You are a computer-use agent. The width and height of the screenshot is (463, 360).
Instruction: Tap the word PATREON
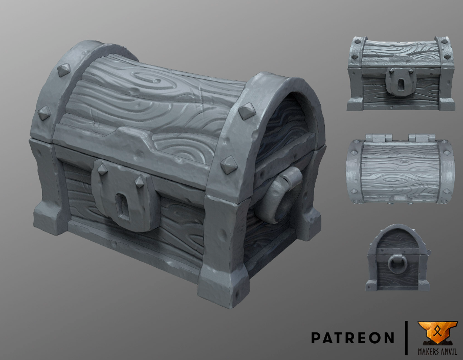click(352, 338)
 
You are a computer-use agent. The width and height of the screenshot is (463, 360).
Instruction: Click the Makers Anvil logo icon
click(437, 333)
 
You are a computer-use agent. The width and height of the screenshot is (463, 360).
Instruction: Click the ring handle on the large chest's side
click(280, 195)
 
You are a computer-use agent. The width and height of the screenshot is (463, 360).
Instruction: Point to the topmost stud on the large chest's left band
click(63, 69)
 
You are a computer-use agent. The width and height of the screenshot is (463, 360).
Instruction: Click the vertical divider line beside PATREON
click(406, 338)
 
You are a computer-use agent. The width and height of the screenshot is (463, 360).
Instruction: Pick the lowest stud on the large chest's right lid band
click(226, 165)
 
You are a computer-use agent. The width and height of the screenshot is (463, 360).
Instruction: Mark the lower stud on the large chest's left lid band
click(43, 112)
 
